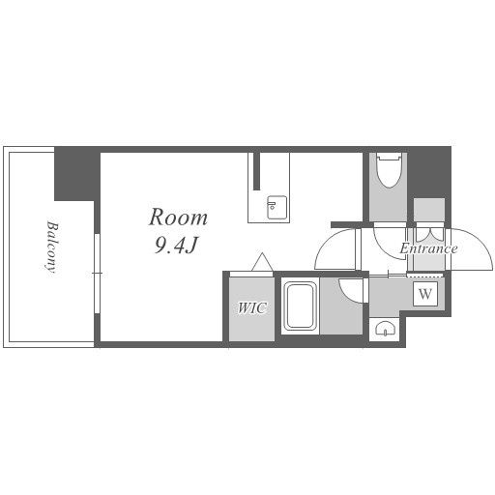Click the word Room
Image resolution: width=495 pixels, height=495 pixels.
click(178, 218)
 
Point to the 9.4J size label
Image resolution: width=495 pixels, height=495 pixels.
click(176, 247)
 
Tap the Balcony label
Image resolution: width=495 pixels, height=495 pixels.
click(51, 247)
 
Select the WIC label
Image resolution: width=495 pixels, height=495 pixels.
click(252, 308)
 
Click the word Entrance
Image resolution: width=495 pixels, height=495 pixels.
click(428, 248)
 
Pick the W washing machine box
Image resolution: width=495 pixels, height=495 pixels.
click(425, 294)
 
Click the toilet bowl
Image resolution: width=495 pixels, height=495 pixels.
click(389, 171)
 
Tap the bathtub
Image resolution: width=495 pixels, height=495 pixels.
click(300, 306)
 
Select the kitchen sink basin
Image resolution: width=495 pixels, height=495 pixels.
click(277, 208)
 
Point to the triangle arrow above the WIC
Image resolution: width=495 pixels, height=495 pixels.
click(262, 262)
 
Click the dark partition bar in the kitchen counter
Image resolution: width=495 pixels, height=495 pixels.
click(256, 171)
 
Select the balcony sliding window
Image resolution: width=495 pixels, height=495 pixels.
click(97, 274)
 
